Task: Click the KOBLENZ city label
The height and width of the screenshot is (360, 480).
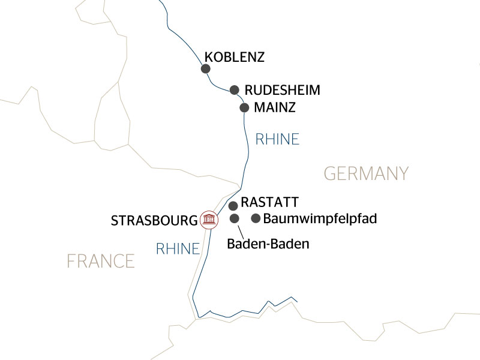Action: [235, 58]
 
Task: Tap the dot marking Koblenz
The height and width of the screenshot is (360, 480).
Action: [206, 69]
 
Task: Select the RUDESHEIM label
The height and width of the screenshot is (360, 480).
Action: [283, 91]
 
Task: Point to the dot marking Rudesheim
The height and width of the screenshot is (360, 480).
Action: [235, 90]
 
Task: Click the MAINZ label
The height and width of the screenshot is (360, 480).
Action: [275, 109]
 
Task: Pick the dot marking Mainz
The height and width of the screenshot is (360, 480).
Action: [244, 108]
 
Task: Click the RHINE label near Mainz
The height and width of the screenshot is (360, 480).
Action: [277, 140]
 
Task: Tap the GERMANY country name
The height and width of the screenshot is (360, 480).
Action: [366, 174]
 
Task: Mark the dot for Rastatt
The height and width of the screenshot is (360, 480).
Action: [233, 206]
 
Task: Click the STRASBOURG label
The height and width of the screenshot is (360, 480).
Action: [154, 220]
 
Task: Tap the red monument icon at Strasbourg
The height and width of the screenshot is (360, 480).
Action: [209, 220]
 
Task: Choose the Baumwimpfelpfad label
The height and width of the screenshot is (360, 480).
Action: [320, 218]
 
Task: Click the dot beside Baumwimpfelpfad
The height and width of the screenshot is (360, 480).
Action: [256, 218]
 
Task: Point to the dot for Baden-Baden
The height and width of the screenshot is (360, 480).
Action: [235, 218]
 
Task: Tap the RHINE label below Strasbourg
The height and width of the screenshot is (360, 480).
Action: [178, 249]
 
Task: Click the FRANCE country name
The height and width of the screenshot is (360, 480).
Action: [100, 261]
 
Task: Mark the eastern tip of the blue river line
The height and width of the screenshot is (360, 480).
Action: [298, 301]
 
